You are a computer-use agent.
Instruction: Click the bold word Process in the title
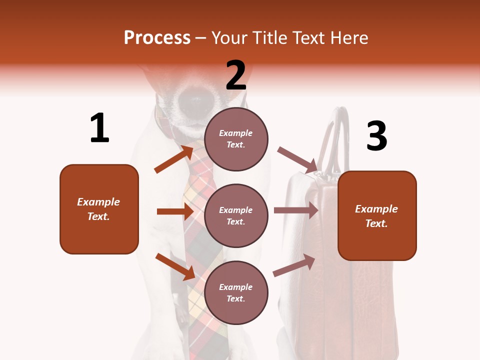(x=157, y=37)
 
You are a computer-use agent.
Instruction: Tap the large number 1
(x=99, y=128)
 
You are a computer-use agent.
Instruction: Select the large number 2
(x=236, y=75)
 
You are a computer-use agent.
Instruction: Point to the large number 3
(x=376, y=136)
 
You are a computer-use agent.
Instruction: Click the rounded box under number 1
(x=99, y=209)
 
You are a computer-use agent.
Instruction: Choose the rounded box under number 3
(x=377, y=215)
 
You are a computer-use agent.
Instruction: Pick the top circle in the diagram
(x=236, y=139)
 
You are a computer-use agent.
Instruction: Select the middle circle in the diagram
(x=236, y=215)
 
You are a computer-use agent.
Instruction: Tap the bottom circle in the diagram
(x=236, y=292)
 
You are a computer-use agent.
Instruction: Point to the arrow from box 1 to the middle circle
(x=174, y=211)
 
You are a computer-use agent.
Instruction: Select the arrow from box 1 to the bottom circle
(x=175, y=266)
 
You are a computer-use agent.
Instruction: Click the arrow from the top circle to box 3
(x=297, y=160)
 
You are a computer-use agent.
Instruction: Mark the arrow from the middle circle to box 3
(x=295, y=210)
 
